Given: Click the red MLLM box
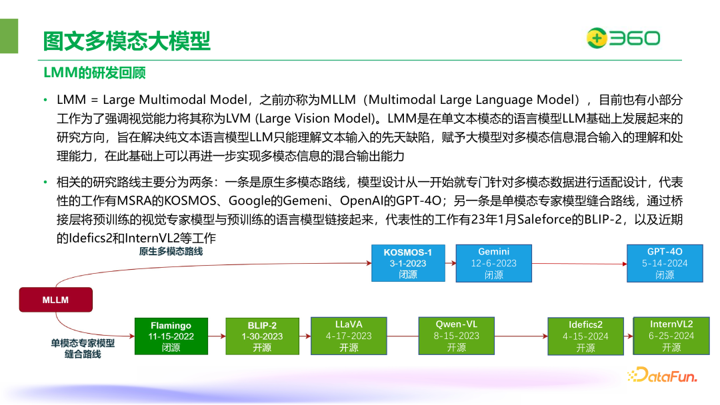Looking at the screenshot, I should [56, 300].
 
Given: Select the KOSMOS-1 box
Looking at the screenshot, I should [408, 263].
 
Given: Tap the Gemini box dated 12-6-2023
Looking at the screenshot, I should [494, 263].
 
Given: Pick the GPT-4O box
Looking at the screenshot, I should [665, 263].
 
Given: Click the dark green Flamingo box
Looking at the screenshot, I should [171, 336].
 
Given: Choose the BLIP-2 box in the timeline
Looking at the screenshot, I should [262, 336].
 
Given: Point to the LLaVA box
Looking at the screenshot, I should [349, 336].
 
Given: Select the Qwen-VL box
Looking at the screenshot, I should [457, 336].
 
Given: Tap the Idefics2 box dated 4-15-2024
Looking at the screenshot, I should [585, 336].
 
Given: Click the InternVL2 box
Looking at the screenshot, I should [671, 336].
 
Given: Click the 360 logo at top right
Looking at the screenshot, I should [623, 38].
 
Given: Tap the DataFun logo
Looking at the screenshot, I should [661, 376].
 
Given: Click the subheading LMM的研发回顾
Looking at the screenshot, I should [95, 73].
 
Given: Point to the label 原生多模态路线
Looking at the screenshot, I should [171, 252].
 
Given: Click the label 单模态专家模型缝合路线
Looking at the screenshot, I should [83, 349].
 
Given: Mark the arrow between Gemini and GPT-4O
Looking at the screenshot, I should [579, 263].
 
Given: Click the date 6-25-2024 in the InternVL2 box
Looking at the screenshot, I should [671, 336].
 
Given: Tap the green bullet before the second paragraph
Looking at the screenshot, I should [46, 183].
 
